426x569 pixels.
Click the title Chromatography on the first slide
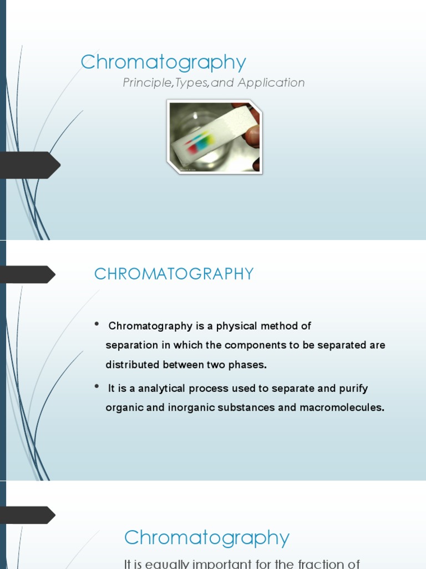(163, 63)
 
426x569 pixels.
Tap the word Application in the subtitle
(271, 83)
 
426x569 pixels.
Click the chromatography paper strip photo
(215, 137)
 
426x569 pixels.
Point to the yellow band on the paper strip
(206, 137)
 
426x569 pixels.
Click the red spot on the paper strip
(192, 149)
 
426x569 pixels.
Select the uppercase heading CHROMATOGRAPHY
(174, 274)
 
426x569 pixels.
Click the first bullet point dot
(97, 325)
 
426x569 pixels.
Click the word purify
(352, 388)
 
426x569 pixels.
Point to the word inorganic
(187, 407)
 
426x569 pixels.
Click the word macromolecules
(341, 407)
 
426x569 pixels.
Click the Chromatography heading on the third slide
(206, 538)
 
